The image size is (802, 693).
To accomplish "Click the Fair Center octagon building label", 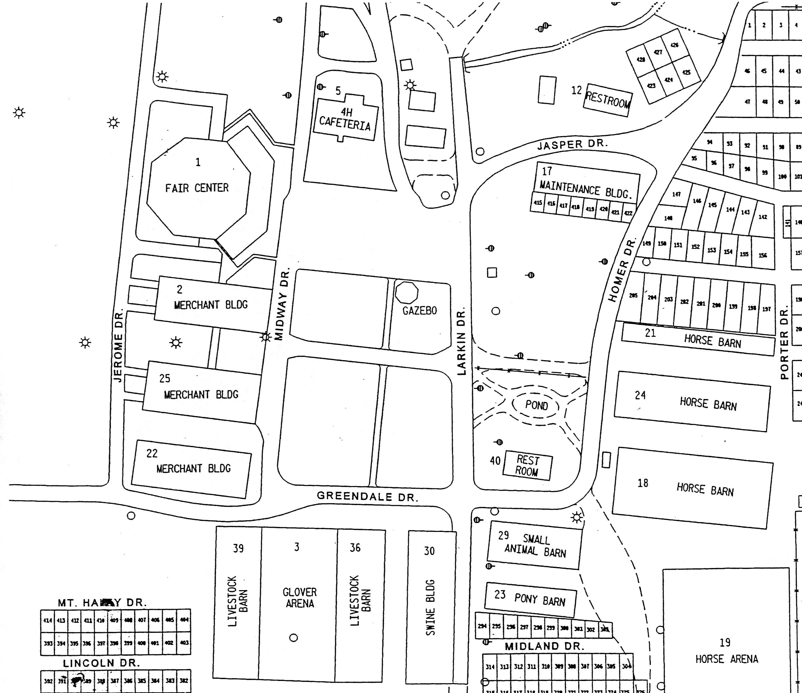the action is click(x=197, y=188).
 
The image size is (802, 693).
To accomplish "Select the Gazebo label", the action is click(x=420, y=311).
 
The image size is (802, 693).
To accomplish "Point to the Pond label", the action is click(x=537, y=405).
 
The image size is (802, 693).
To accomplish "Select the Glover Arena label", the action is click(x=300, y=598).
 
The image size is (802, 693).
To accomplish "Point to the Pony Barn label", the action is click(x=539, y=601).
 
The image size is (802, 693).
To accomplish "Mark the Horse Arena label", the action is click(x=726, y=659).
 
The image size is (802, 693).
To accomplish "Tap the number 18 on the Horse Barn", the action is click(x=643, y=483).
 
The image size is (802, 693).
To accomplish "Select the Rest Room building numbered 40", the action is click(x=527, y=466).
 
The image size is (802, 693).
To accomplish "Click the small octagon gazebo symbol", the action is click(x=407, y=292).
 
